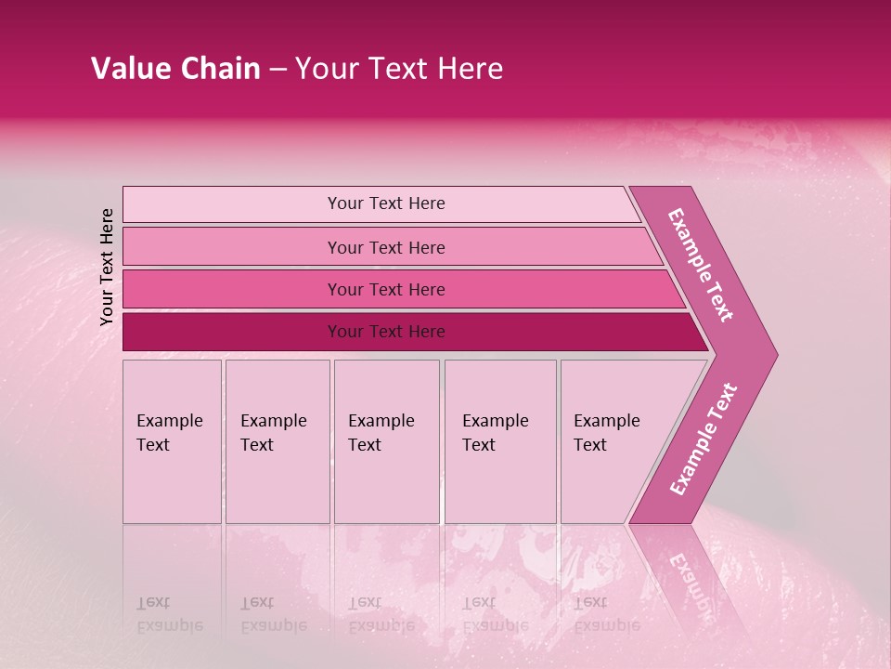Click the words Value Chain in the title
[175, 69]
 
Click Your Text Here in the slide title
[399, 69]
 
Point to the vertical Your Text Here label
[107, 267]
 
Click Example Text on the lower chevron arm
[704, 439]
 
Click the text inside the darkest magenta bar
[386, 332]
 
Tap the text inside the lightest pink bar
[386, 203]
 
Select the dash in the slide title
[278, 69]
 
